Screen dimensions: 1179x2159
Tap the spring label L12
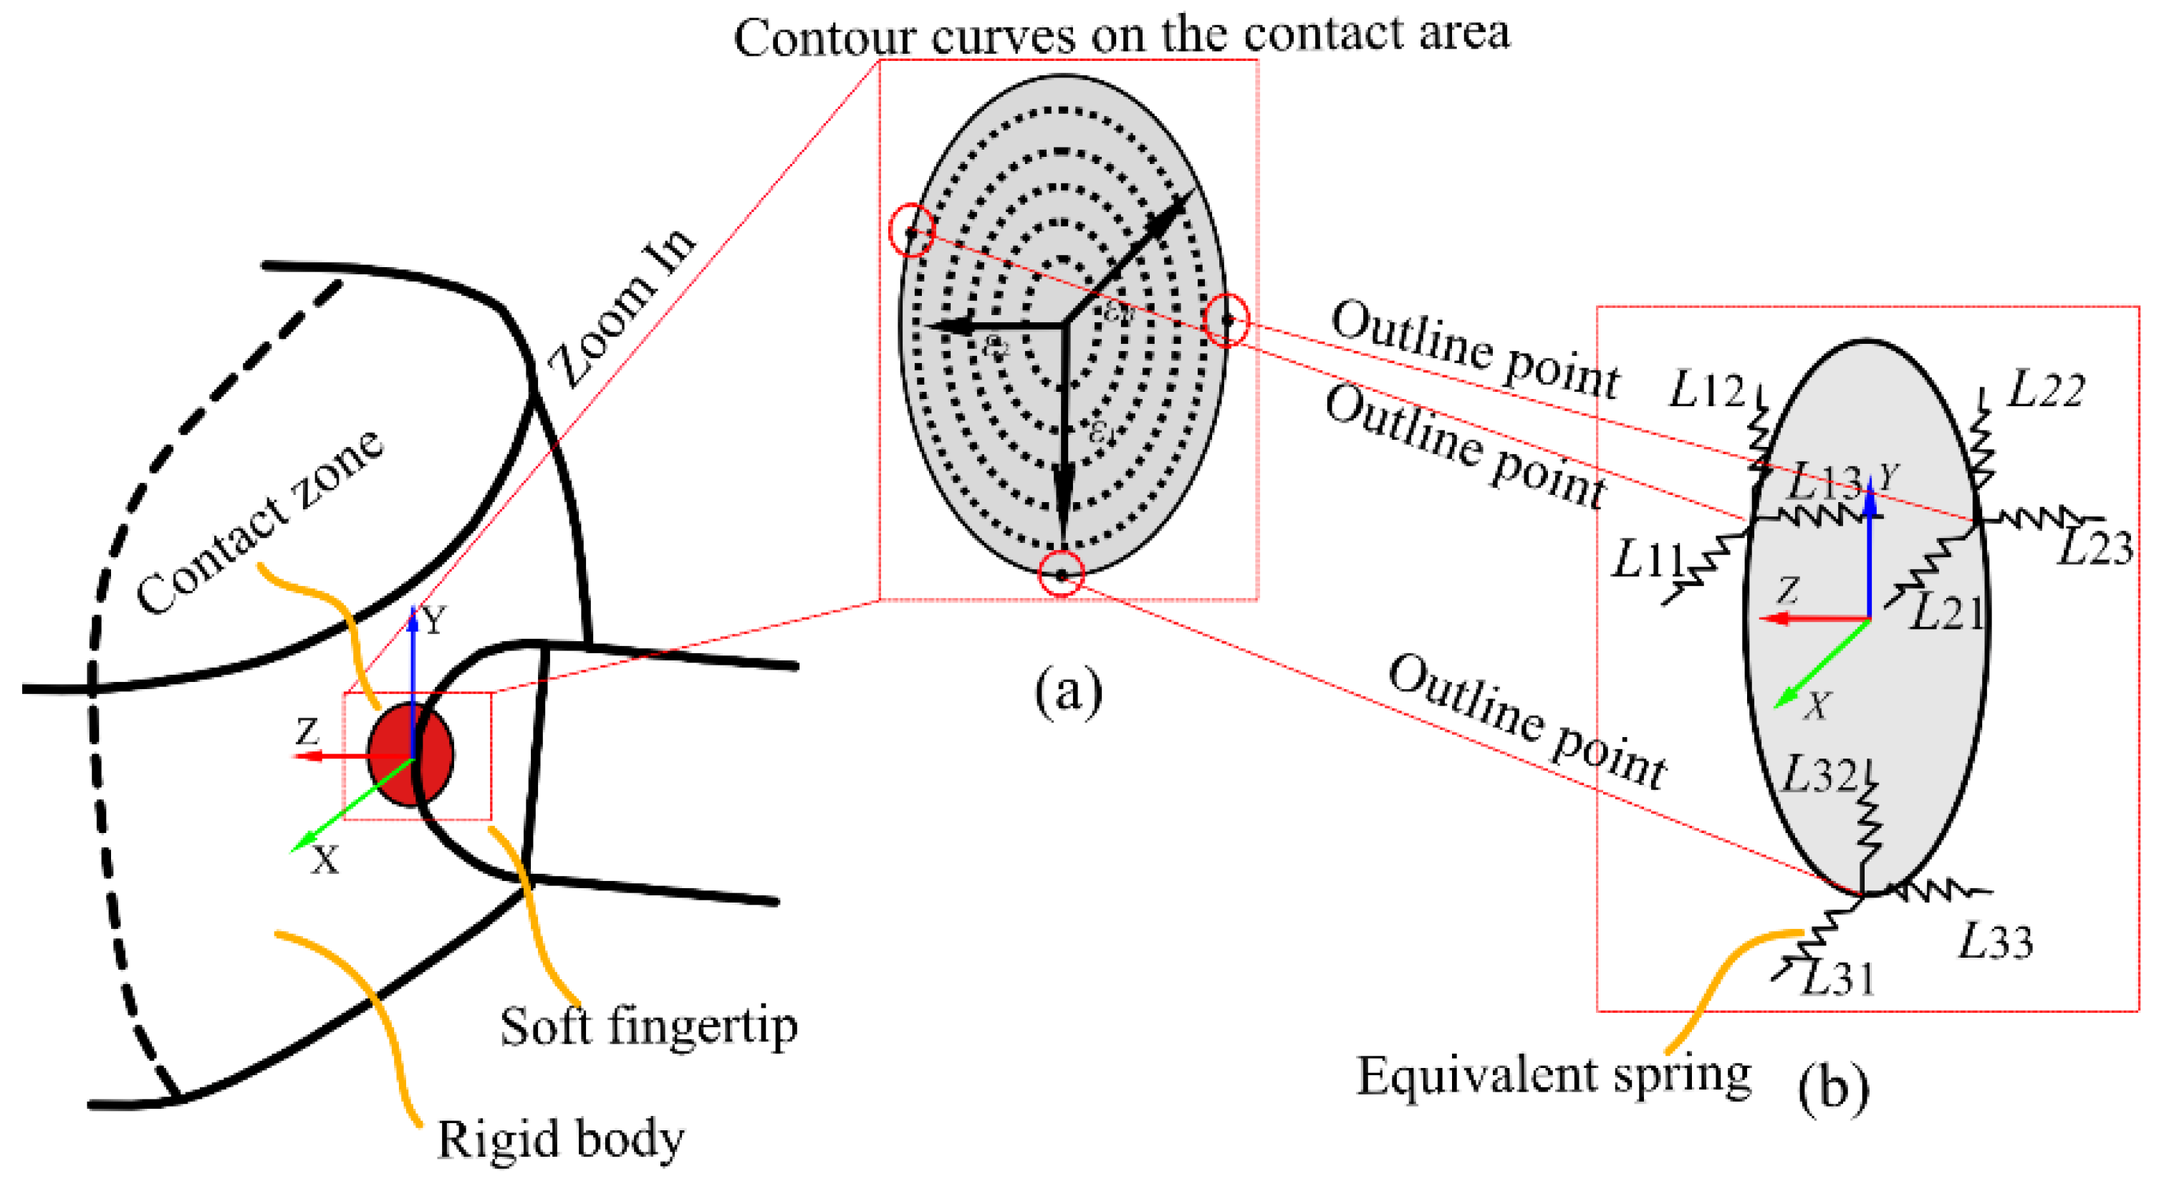1706,391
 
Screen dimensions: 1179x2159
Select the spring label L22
2045,390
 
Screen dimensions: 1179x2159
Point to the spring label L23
2095,549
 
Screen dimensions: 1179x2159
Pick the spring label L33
1996,942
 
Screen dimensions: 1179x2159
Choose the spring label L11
1648,559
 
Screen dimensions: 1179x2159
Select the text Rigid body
560,1140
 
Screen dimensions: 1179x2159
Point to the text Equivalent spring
1553,1076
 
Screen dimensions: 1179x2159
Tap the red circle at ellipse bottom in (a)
1061,575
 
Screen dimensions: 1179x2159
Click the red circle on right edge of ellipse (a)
1226,320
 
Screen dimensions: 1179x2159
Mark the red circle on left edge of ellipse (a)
911,230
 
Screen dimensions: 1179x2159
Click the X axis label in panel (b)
1816,707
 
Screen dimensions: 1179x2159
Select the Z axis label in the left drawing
307,732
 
